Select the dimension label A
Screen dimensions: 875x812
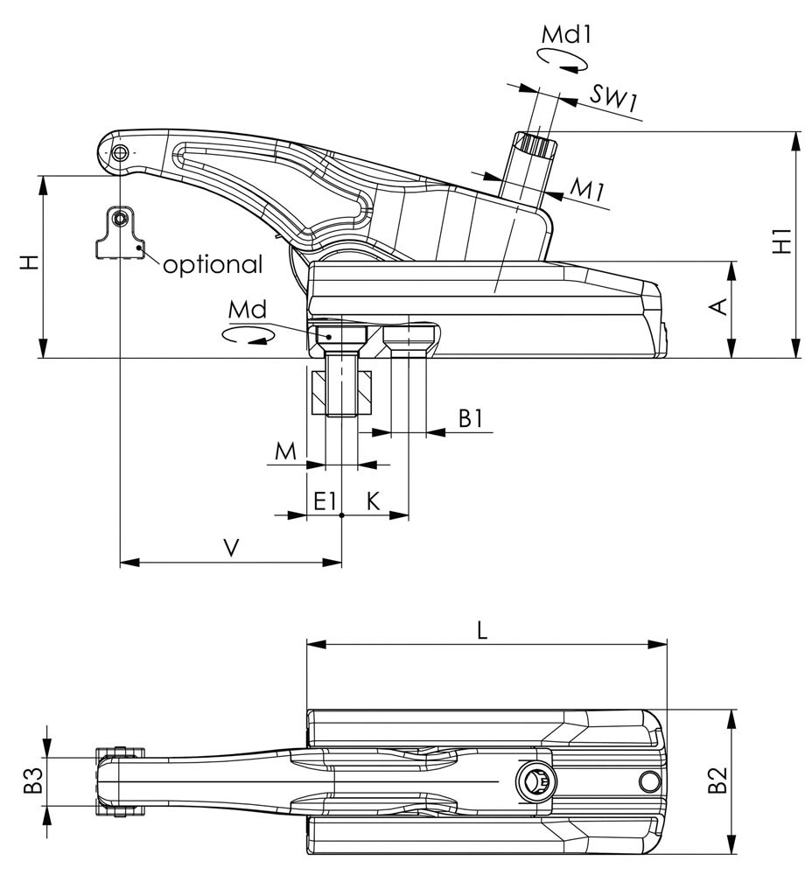click(717, 306)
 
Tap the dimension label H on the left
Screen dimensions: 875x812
click(30, 262)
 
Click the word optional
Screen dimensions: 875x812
click(212, 263)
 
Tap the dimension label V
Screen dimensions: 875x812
click(230, 548)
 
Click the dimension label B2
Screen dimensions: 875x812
click(717, 780)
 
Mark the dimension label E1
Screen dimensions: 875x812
click(325, 500)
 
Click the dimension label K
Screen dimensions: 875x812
click(373, 500)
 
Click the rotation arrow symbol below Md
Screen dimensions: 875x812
click(244, 335)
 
